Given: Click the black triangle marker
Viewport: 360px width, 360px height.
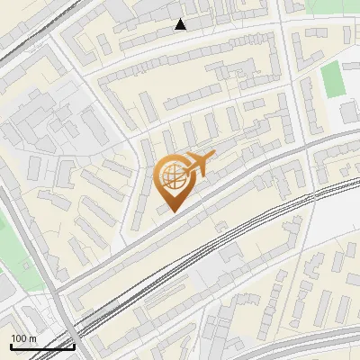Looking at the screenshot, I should (181, 24).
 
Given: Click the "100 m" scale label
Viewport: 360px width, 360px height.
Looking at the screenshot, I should (24, 337).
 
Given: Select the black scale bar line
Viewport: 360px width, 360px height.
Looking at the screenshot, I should (41, 346).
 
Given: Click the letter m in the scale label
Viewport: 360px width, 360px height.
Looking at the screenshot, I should (33, 338).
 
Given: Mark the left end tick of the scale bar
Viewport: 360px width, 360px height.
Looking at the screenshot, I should (10, 345).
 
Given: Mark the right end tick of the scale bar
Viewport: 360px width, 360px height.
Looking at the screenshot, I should (74, 345).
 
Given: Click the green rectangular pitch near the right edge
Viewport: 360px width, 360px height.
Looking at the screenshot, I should (333, 79).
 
